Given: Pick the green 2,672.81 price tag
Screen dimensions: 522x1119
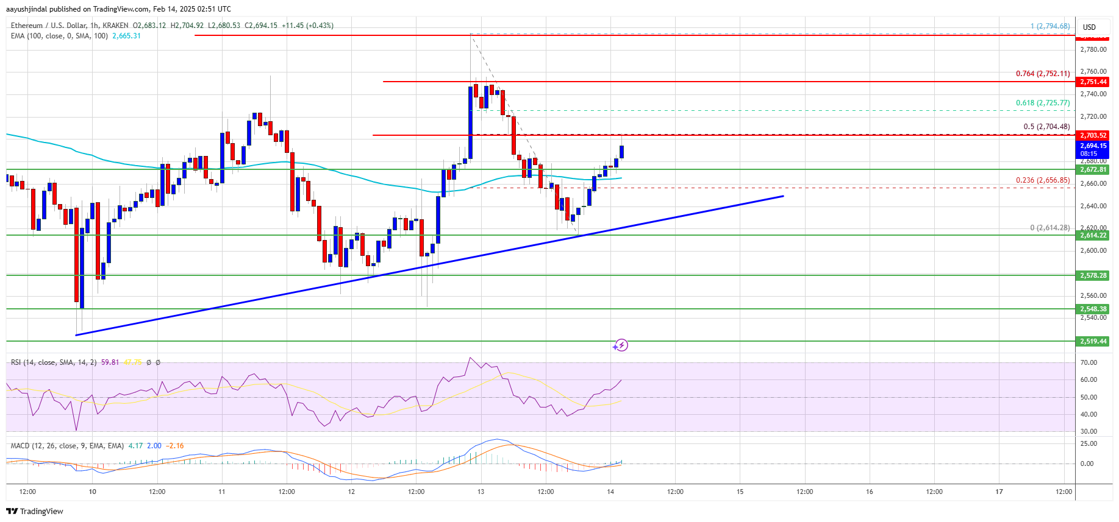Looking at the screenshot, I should (1093, 169).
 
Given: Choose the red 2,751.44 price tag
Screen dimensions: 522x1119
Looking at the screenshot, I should (1093, 82).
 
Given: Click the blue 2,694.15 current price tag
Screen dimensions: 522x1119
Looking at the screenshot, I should (1093, 146).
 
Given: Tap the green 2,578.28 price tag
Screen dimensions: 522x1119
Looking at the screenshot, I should (1093, 275).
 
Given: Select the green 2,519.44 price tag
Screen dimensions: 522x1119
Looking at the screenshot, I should (1093, 341).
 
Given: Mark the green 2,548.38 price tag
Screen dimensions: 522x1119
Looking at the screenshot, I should (1093, 309).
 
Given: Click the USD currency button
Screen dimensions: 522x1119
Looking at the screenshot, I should (1089, 27).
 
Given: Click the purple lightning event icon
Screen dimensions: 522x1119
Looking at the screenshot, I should (621, 345).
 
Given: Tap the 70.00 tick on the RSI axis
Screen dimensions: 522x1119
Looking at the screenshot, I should (1089, 362).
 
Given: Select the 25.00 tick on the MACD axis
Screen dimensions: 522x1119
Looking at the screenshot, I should (1089, 443).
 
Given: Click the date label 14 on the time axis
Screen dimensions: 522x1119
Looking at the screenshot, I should (610, 492).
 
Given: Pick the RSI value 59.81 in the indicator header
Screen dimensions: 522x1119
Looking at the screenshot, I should (110, 362).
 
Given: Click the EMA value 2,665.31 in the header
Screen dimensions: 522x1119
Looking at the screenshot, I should (126, 36).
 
